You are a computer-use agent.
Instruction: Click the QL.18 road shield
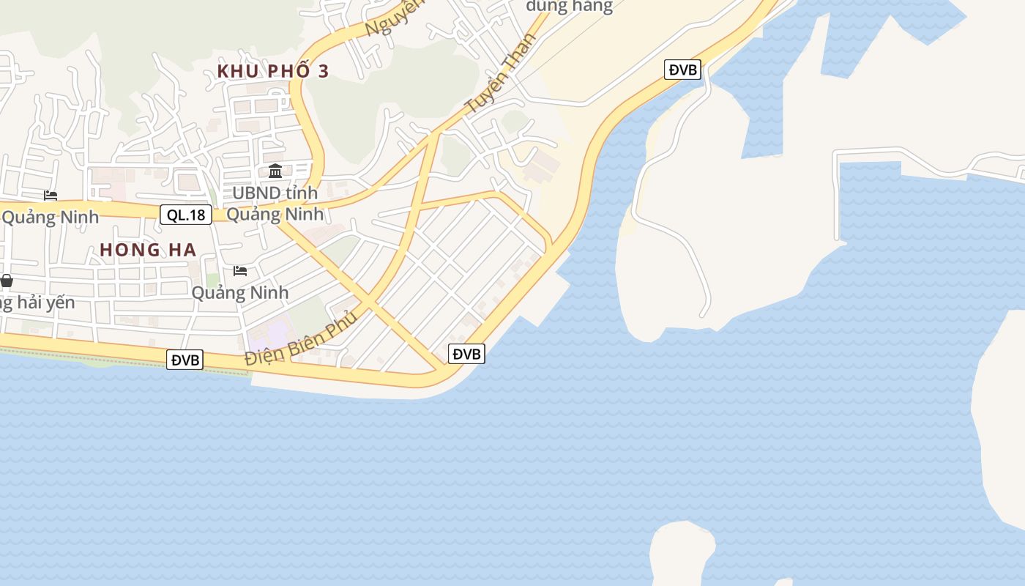point(186,215)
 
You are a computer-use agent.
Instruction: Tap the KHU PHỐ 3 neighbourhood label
point(273,71)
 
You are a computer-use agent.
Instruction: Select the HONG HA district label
point(148,250)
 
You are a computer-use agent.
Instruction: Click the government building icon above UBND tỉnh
point(276,171)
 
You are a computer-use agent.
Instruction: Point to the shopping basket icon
point(7,281)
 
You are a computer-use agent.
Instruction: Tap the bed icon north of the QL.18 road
point(51,196)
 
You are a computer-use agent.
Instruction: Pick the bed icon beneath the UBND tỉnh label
point(240,270)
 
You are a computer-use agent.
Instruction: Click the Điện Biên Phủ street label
point(300,338)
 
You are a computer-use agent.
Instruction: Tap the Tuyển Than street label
point(501,73)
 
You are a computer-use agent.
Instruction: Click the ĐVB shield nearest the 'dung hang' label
point(683,70)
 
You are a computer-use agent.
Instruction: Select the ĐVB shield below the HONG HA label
point(184,360)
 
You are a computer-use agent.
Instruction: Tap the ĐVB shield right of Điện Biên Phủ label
point(466,354)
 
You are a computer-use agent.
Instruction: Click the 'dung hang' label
point(569,7)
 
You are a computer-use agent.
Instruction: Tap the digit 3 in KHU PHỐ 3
point(323,71)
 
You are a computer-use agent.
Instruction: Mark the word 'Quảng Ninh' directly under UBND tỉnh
point(275,214)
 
